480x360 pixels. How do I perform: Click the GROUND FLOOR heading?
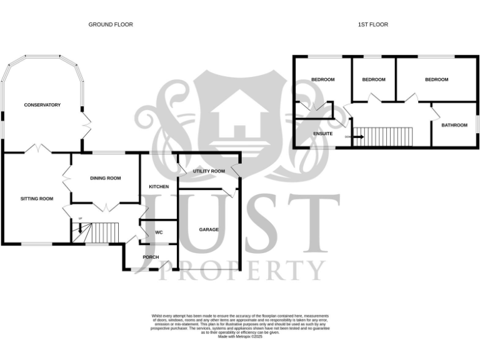111,24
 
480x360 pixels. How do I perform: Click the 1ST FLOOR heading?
373,24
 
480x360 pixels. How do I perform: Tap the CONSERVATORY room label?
42,105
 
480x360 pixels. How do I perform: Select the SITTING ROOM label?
37,199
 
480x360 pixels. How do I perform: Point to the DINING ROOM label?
105,178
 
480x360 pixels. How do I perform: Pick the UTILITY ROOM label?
209,171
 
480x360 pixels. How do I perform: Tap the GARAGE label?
209,229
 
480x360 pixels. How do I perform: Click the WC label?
159,232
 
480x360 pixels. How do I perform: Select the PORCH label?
151,257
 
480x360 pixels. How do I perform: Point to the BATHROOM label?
454,125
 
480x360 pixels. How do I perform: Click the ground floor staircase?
94,232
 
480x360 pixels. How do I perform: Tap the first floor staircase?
390,136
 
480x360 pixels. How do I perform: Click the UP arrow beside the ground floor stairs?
80,226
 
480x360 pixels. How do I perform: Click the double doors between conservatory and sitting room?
39,149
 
